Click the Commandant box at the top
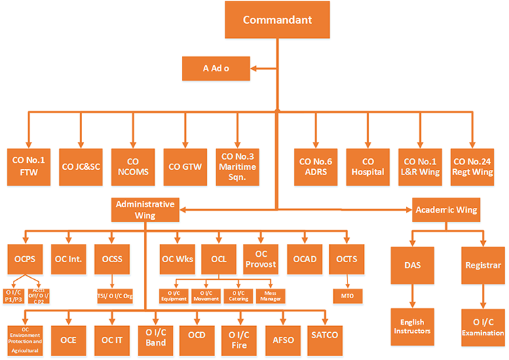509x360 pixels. (x=278, y=20)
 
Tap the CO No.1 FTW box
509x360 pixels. (x=28, y=166)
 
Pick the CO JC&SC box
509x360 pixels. (x=81, y=166)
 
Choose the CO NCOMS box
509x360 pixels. (x=133, y=166)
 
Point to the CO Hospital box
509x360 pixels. (x=367, y=166)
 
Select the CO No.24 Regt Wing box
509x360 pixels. (x=472, y=166)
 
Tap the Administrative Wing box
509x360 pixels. (x=145, y=209)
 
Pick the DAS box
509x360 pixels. (x=412, y=266)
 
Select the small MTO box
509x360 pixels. (x=348, y=296)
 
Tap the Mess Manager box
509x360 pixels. (x=271, y=296)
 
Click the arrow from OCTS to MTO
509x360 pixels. (x=348, y=281)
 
